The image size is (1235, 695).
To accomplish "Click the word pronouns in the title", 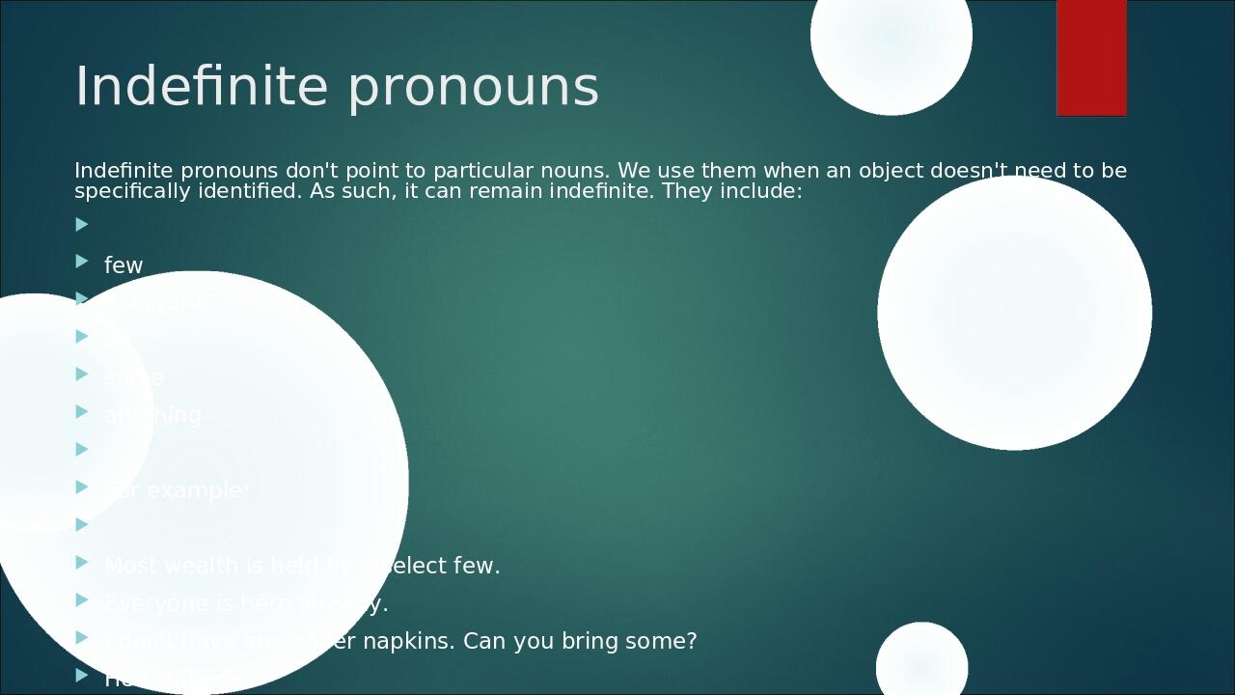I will [473, 88].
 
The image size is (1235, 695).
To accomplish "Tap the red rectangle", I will [1091, 58].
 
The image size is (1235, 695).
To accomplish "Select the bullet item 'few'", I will [123, 265].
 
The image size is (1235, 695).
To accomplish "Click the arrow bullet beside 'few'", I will [82, 261].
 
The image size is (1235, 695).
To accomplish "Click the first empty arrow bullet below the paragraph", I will [82, 224].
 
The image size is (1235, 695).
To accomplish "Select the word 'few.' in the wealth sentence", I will [477, 566].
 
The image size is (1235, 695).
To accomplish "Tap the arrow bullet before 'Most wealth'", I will [82, 562].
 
